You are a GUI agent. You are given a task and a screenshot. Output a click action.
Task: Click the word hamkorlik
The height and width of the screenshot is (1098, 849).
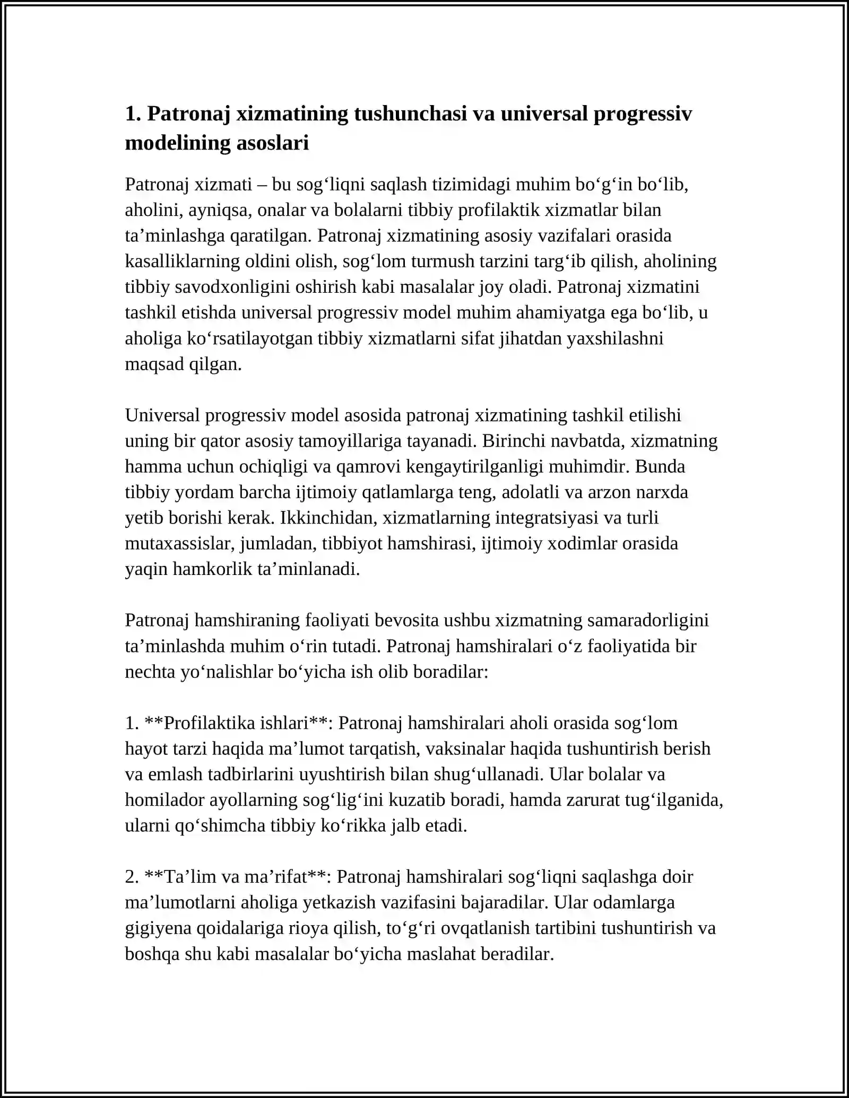point(213,569)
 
